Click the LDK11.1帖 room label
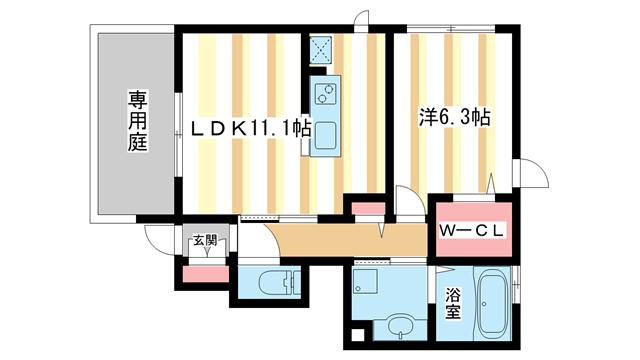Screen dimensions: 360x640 (x=244, y=130)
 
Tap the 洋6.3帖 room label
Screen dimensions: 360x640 (x=453, y=118)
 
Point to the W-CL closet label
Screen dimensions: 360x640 (x=472, y=231)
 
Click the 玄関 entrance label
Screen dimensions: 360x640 (x=204, y=240)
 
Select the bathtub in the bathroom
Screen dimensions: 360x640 (x=495, y=304)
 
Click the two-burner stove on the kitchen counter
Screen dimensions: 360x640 (x=326, y=95)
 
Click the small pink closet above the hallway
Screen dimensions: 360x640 (x=364, y=209)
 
